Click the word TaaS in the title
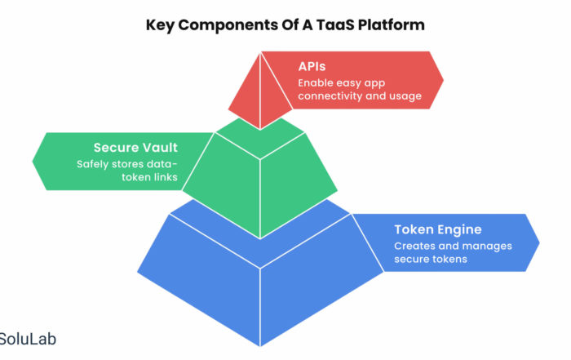point(334,24)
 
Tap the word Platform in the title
point(391,25)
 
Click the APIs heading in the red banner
point(312,66)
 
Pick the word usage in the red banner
point(406,96)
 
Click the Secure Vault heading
point(135,148)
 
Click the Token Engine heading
point(438,229)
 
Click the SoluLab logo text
point(28,340)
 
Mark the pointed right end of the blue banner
point(539,242)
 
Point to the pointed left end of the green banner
point(33,162)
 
